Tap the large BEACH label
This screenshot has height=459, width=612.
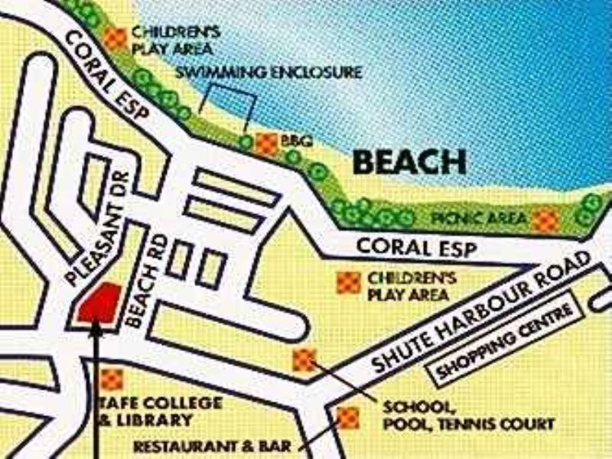(410, 162)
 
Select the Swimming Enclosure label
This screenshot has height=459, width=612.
(269, 73)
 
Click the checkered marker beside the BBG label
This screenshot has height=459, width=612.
(265, 143)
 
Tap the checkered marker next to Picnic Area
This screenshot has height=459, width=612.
(545, 220)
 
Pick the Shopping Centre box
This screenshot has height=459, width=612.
(506, 344)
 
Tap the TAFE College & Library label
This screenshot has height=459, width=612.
(161, 412)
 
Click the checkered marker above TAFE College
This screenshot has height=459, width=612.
(112, 379)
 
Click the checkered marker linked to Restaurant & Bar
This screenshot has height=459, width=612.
(348, 417)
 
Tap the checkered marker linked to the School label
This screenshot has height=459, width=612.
(304, 359)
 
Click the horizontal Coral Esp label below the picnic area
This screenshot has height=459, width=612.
(417, 249)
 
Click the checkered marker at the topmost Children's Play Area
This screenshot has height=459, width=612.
(116, 39)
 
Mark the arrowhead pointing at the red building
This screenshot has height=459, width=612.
(96, 329)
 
